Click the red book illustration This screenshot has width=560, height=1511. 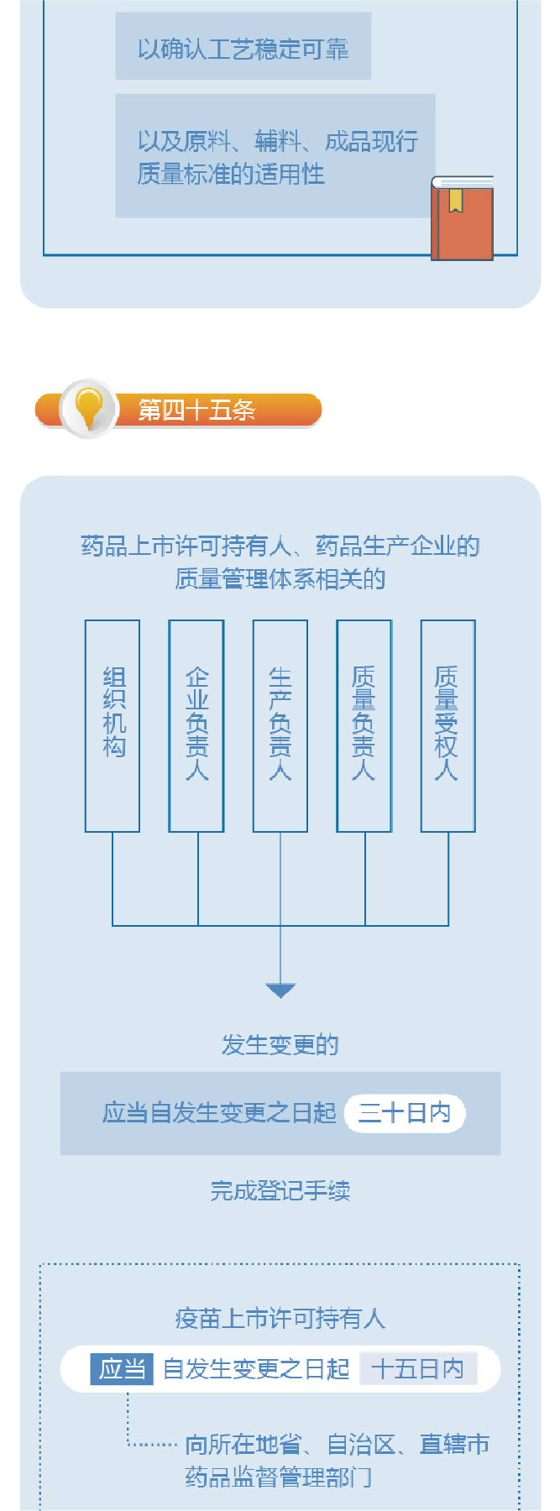462,220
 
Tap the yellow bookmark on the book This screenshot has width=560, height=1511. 455,200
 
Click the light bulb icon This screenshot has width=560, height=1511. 88,408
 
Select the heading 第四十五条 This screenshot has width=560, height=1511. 197,410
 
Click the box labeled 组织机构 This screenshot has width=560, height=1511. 113,725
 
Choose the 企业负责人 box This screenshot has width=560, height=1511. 196,725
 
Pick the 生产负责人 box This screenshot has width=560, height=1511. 280,725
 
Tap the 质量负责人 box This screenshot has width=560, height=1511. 364,725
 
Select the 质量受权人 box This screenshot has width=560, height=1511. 447,725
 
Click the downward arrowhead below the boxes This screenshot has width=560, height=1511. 280,991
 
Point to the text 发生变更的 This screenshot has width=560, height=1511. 280,1045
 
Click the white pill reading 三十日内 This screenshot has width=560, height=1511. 405,1113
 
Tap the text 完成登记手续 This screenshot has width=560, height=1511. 280,1190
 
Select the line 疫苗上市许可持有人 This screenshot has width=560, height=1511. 280,1319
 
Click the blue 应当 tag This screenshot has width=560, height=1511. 122,1369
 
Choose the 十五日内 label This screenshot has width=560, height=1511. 418,1369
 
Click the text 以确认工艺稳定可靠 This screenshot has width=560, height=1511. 243,50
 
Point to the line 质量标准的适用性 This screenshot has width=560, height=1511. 231,175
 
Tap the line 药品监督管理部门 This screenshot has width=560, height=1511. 279,1477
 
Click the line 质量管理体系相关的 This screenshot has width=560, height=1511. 280,579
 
